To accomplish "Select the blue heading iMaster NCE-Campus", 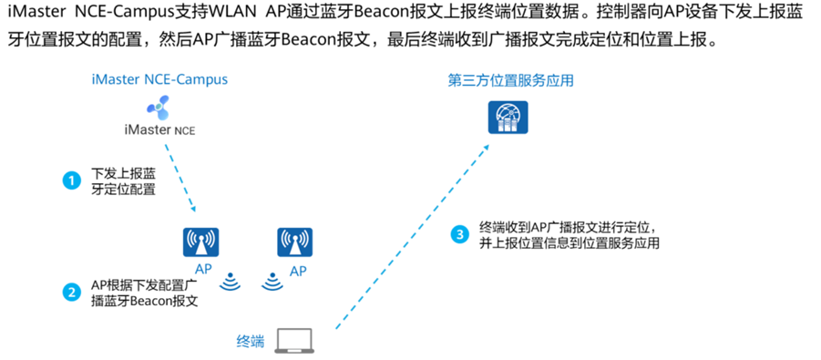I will coord(159,80).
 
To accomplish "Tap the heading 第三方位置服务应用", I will coord(510,81).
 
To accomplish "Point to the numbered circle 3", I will coord(459,234).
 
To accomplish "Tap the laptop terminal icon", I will coord(295,340).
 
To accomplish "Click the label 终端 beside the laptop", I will coord(250,342).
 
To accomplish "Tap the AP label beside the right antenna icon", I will coord(298,272).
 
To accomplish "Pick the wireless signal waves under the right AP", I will coord(270,282).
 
